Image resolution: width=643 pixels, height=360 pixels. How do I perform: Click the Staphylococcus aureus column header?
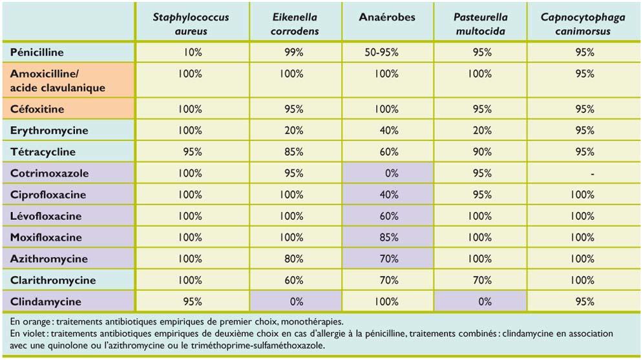(x=191, y=24)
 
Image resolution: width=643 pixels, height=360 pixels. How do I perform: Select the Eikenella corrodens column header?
(x=294, y=24)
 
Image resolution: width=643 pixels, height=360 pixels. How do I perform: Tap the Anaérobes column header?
(x=386, y=17)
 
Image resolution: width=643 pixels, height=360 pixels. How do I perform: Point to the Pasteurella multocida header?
(x=481, y=24)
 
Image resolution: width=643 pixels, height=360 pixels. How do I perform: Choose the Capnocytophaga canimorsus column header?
(x=583, y=24)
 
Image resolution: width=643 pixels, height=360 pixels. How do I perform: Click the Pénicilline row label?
(x=37, y=52)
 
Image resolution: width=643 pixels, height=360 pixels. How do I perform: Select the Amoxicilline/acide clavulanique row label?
(x=58, y=81)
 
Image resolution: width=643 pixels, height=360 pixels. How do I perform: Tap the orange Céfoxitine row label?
(x=37, y=109)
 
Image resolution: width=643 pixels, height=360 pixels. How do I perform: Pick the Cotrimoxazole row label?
(x=50, y=173)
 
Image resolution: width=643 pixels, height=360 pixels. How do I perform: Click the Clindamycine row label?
(x=46, y=301)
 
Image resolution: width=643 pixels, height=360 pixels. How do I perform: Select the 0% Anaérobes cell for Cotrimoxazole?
(x=388, y=173)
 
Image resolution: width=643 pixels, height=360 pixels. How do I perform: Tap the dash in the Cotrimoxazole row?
(x=593, y=174)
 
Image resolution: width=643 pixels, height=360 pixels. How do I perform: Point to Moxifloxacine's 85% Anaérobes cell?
(x=388, y=237)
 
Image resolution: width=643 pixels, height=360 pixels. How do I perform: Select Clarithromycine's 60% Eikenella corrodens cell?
(x=294, y=280)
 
